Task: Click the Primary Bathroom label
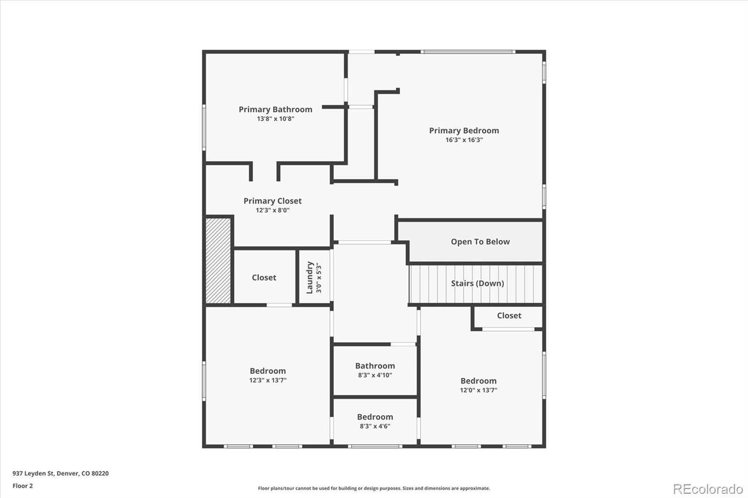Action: tap(275, 109)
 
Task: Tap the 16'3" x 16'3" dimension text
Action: tap(464, 140)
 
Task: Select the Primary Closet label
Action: tap(272, 201)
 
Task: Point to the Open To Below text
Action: tap(480, 242)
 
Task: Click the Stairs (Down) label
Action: tap(477, 283)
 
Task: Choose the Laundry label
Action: tap(309, 277)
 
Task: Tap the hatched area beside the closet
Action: tap(218, 261)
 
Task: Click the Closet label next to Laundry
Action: tap(264, 277)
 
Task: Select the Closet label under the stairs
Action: tap(509, 316)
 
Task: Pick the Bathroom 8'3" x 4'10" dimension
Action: tap(375, 375)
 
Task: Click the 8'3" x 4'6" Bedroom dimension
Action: tap(375, 426)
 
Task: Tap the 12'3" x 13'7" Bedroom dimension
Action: tap(267, 380)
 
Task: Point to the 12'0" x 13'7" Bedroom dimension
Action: tap(478, 390)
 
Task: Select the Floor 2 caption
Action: tap(22, 486)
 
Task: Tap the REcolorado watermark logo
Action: tap(708, 489)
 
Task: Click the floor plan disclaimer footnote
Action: tap(374, 488)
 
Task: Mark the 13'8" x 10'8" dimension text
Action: tap(275, 119)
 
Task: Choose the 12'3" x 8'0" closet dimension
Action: tap(272, 210)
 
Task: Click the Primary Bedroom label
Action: tap(464, 131)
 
